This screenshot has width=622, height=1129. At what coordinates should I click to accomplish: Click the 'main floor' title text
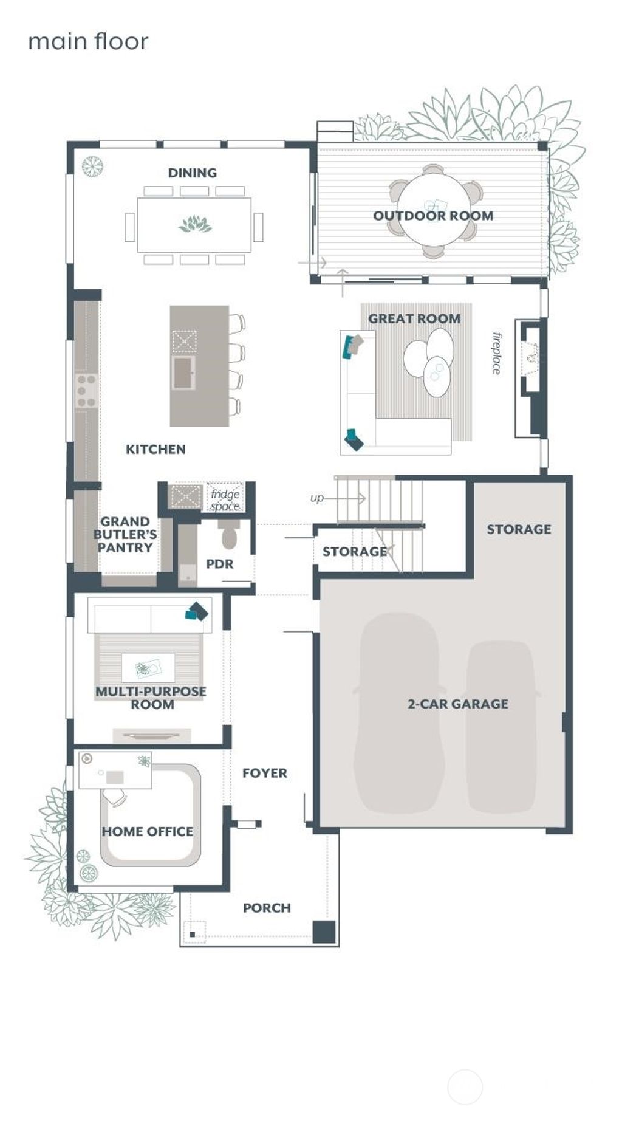[x=88, y=41]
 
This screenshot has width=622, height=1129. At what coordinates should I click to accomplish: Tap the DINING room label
[x=192, y=173]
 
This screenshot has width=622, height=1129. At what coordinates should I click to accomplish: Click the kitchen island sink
[x=183, y=372]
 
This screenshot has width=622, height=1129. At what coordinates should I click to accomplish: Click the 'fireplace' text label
[x=497, y=353]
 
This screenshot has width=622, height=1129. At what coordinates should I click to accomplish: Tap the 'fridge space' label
[x=225, y=499]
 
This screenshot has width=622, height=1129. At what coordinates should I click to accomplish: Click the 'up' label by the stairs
[x=316, y=498]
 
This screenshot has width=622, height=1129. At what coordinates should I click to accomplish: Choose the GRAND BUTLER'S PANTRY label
[x=125, y=534]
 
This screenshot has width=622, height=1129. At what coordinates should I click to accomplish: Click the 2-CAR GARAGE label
[x=457, y=704]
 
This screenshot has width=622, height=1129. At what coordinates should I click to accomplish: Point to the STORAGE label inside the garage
[x=519, y=529]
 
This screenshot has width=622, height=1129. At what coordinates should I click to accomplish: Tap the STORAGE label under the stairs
[x=354, y=551]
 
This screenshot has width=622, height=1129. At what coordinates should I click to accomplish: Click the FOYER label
[x=264, y=773]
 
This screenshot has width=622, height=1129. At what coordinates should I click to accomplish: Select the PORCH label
[x=267, y=907]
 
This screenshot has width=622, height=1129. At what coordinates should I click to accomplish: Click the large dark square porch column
[x=324, y=932]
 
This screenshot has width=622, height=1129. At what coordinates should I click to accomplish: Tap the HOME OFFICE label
[x=147, y=831]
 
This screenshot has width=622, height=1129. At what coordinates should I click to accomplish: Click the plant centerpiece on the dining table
[x=195, y=224]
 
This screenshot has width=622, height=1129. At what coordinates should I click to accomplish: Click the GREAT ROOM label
[x=414, y=318]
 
